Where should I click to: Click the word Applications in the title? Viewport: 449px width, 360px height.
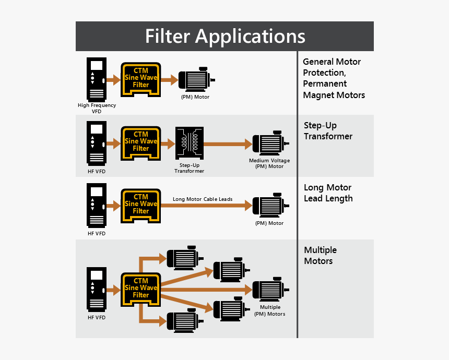point(250,37)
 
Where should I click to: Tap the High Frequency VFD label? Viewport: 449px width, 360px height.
point(97,108)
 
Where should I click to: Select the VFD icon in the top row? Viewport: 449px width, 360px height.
point(97,79)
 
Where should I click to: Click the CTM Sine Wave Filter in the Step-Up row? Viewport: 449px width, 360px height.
point(141,142)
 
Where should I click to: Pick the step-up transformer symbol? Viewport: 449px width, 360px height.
point(189,143)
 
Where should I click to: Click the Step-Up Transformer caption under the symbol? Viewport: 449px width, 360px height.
point(189,168)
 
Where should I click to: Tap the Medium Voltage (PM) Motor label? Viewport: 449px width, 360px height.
point(269,163)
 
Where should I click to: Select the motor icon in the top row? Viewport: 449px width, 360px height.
point(195,80)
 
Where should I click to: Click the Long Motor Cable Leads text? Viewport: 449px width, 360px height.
point(203,199)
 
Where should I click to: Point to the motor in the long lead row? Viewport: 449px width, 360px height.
point(269,206)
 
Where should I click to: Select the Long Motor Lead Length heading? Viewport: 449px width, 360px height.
point(328,193)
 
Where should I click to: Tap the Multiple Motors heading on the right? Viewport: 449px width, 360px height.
point(320,256)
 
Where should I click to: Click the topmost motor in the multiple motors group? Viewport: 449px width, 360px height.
point(182,256)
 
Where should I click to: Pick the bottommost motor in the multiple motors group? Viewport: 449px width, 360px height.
point(182,319)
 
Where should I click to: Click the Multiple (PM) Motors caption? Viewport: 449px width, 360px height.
point(269,310)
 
